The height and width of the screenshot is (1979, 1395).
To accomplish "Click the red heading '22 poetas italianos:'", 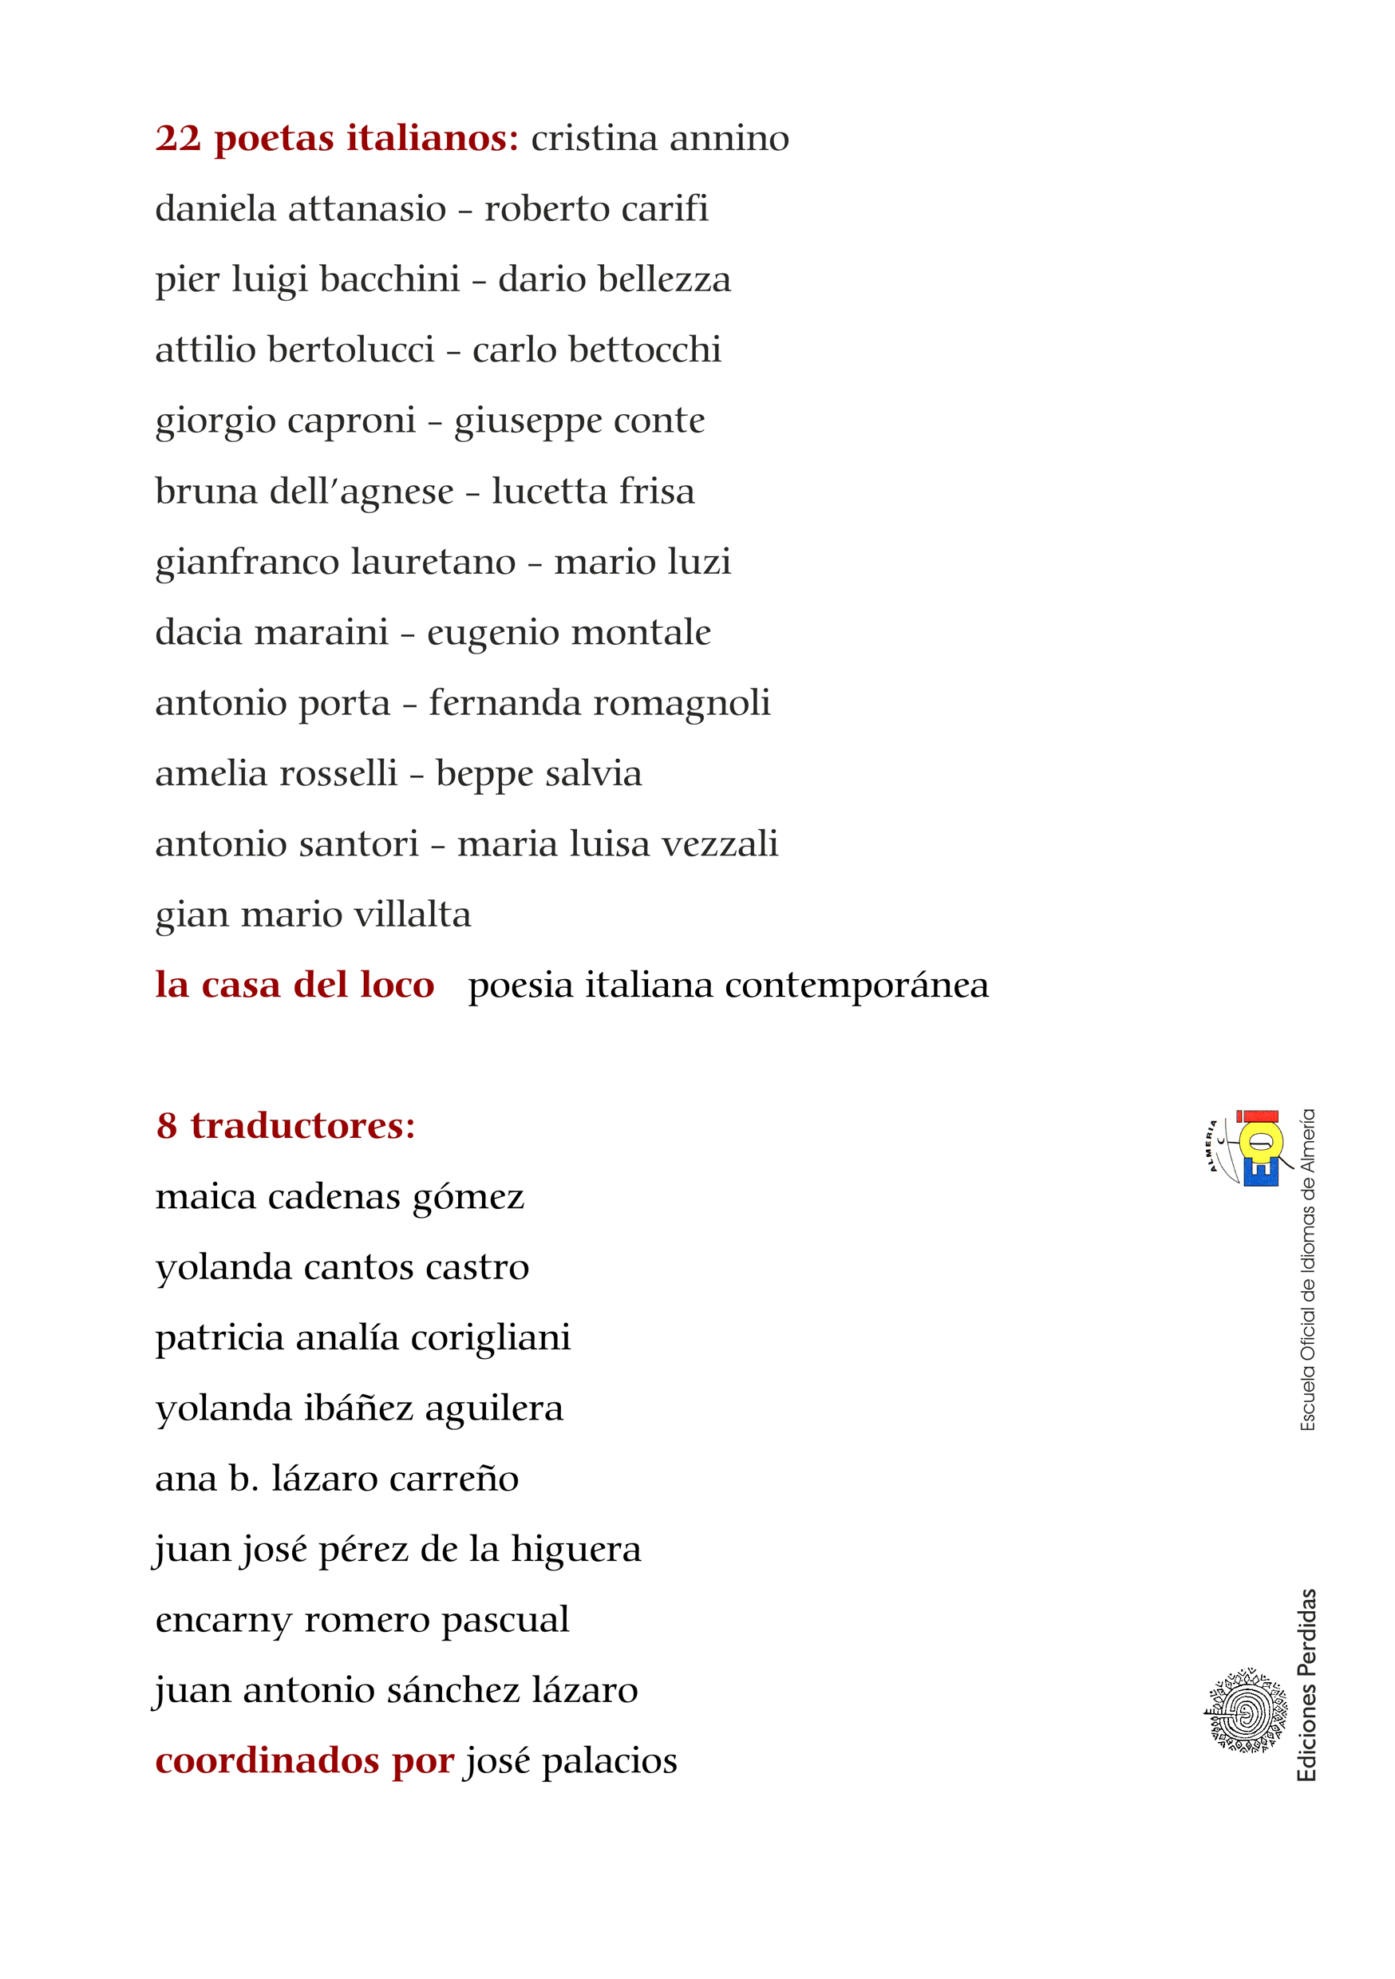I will click(x=336, y=138).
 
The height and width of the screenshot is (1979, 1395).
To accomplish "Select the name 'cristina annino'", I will click(x=659, y=138).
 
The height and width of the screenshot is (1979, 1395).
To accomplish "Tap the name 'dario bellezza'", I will click(x=614, y=279).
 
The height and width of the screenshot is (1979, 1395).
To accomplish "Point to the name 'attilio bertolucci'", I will click(x=294, y=350).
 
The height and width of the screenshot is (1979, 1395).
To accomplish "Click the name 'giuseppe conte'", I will click(x=579, y=421).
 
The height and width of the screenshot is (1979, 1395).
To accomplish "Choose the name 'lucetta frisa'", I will click(x=593, y=492).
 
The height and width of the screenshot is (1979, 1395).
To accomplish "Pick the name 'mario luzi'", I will click(x=642, y=562).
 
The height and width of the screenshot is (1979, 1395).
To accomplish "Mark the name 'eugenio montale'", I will click(x=569, y=633).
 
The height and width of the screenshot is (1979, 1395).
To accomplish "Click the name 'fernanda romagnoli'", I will click(x=599, y=703).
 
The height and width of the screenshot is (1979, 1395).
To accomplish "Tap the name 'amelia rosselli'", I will click(x=276, y=773).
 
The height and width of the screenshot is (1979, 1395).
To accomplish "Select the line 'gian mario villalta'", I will click(x=313, y=914).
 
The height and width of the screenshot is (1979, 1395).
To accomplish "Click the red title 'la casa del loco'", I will click(x=294, y=986).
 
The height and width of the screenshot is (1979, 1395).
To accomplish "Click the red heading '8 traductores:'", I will click(x=286, y=1126).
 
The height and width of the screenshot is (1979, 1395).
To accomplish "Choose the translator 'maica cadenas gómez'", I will click(x=340, y=1197).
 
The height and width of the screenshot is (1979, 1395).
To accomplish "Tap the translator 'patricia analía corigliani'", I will click(x=363, y=1337).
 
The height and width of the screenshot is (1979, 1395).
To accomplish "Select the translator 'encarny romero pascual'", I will click(x=362, y=1620).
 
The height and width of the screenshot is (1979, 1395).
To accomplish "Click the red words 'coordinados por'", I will click(x=304, y=1761).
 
